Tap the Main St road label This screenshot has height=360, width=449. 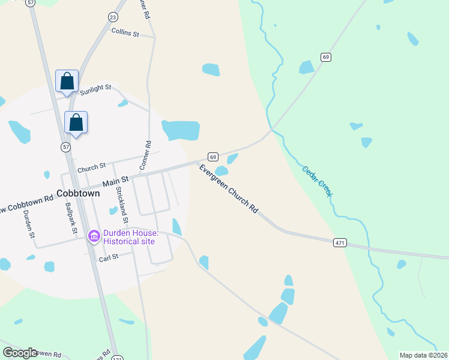click(x=115, y=179)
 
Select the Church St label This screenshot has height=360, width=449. click(x=91, y=166)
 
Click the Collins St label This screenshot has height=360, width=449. click(x=125, y=34)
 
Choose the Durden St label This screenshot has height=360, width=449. click(x=28, y=224)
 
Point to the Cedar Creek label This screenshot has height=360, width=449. click(x=317, y=181)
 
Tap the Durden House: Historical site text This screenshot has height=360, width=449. click(x=130, y=237)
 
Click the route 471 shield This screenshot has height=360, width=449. click(x=340, y=242)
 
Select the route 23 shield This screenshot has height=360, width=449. click(x=113, y=18)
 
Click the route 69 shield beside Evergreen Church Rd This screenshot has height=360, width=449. click(x=212, y=155)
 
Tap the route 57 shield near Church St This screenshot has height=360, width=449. click(x=65, y=146)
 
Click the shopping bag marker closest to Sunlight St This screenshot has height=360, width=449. click(x=67, y=81)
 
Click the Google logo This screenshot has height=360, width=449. click(x=20, y=353)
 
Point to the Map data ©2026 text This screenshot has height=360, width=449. click(x=423, y=355)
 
